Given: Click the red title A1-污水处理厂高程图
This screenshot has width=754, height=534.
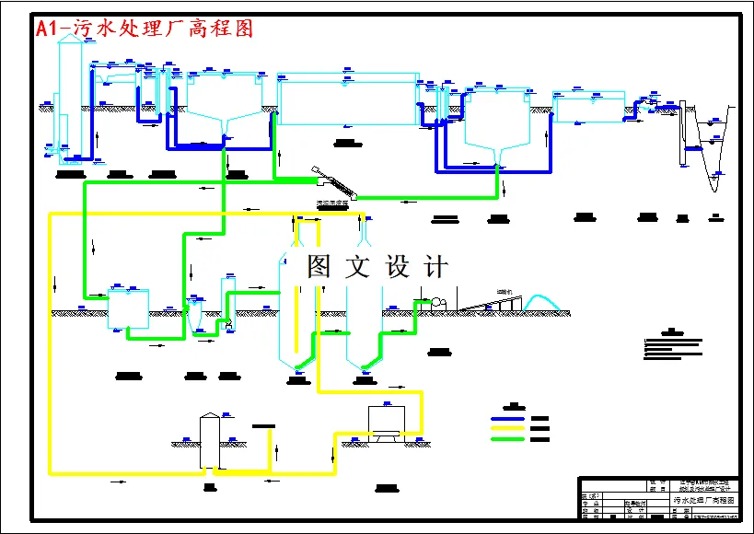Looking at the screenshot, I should click(x=144, y=29).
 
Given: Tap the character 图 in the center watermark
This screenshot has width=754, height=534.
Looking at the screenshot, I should click(x=319, y=267).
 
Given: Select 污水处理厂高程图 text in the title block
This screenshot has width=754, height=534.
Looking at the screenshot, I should click(x=704, y=500).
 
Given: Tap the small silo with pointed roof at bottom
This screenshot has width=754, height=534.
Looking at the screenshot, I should click(x=212, y=442).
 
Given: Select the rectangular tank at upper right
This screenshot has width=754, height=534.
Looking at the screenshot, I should click(x=589, y=106).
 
